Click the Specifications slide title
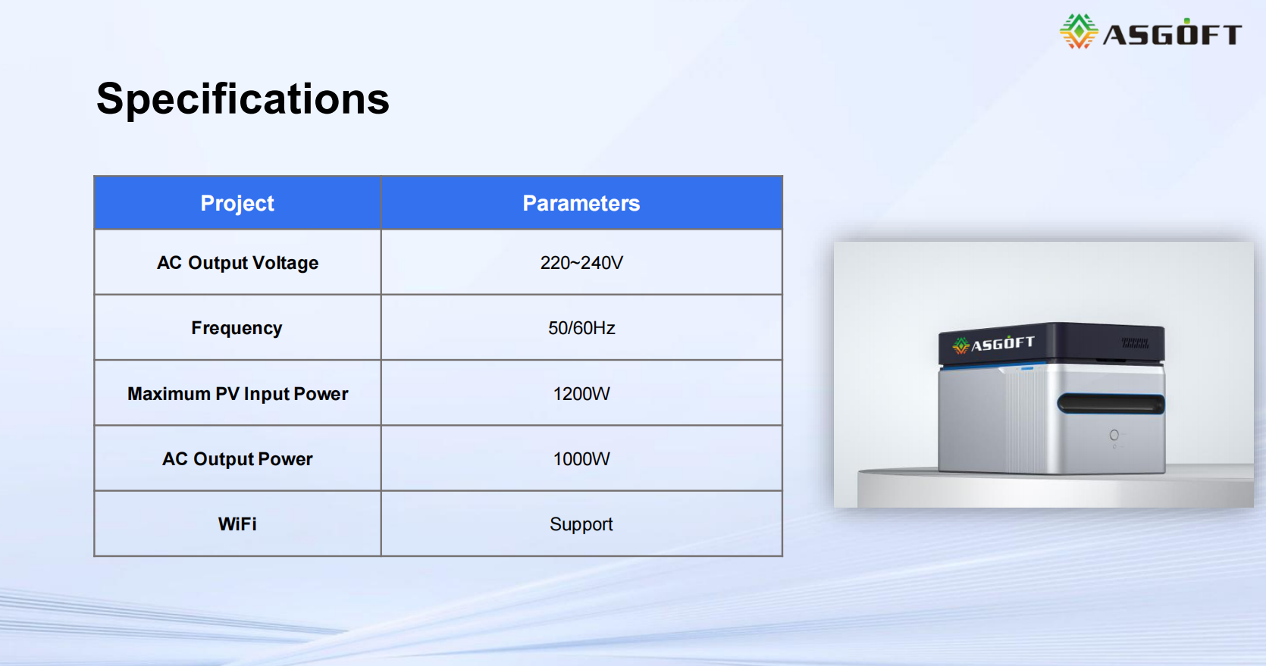[243, 99]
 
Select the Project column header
[237, 203]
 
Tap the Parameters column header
[581, 203]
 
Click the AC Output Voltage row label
[237, 263]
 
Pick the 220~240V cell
[581, 263]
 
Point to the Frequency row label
[237, 328]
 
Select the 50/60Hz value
[581, 328]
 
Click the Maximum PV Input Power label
[237, 394]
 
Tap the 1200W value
[581, 394]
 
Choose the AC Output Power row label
[237, 458]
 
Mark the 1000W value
[581, 458]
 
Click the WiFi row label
[237, 524]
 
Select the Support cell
[581, 525]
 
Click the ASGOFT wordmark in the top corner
[1172, 34]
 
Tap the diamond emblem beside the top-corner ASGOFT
[1079, 31]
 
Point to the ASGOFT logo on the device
[994, 344]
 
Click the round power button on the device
[1114, 435]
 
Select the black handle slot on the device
[1111, 404]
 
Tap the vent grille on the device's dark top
[1135, 343]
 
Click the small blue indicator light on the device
[1027, 368]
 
